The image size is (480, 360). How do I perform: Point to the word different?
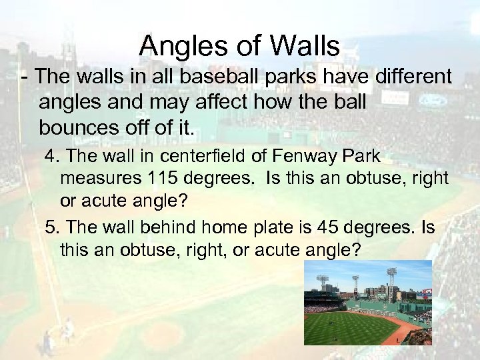402,77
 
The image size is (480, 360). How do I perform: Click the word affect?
241,103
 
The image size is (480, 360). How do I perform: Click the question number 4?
52,157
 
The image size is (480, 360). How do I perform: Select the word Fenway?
300,157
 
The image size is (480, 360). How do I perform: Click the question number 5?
52,228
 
